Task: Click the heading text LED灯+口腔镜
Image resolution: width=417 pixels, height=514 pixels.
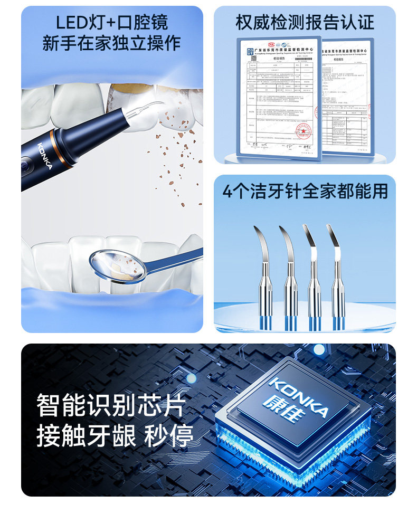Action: click(112, 22)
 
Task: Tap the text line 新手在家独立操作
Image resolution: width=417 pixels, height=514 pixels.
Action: click(112, 43)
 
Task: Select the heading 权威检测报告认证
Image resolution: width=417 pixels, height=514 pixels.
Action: click(305, 22)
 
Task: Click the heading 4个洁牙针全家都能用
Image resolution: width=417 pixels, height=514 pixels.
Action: click(305, 191)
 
